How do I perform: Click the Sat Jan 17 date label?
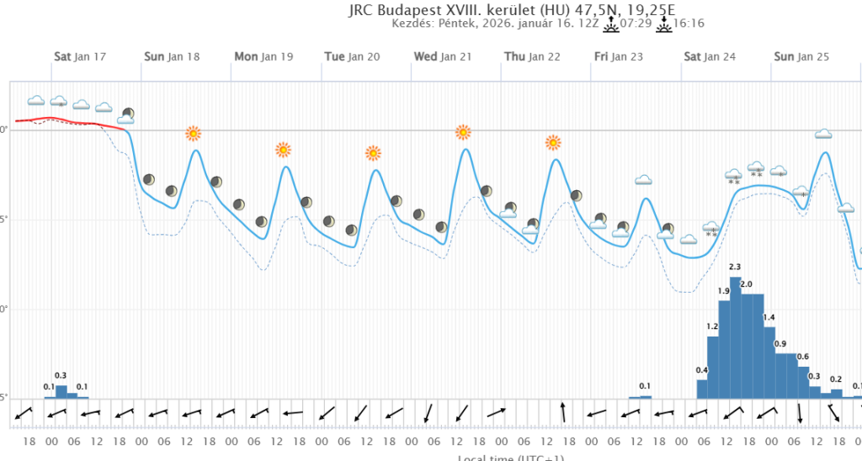point(80,57)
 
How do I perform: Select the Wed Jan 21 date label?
point(442,57)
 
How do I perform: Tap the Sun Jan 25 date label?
point(801,57)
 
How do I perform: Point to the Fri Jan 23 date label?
point(618,57)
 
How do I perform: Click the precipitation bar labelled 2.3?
point(735,336)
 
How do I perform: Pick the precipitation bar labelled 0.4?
point(702,389)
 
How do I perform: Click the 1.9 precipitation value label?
point(724,291)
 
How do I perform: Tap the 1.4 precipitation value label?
point(769,317)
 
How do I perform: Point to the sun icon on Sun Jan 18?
point(194,133)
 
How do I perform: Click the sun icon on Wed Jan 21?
point(463,132)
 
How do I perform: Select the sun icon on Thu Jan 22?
point(553,142)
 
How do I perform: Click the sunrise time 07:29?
point(636,24)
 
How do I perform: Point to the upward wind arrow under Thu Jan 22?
point(563,412)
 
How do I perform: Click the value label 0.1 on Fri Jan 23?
point(645,386)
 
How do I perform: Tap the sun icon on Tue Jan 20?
point(373,153)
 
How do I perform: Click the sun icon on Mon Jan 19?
point(283,150)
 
